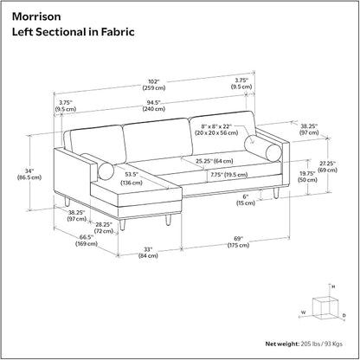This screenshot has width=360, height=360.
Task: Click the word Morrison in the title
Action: coord(36,16)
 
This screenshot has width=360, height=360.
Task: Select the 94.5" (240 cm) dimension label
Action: coord(154,106)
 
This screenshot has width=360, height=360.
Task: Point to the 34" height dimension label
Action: coord(29,174)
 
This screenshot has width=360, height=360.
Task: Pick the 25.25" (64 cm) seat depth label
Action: coord(215,161)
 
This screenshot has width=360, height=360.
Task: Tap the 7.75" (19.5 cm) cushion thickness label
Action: coord(228,175)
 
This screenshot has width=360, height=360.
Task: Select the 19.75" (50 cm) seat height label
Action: coord(308,177)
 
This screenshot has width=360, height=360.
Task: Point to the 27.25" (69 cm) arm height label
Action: coord(327,167)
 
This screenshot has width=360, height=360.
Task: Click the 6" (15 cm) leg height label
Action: coord(246,200)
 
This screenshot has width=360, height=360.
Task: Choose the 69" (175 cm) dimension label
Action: coord(238,241)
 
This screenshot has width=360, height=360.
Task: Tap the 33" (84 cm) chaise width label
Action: coord(148,253)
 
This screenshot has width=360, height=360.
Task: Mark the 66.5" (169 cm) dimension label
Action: coord(87,241)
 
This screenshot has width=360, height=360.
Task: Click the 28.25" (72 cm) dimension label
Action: coord(104,228)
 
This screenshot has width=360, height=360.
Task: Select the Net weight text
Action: coord(304,344)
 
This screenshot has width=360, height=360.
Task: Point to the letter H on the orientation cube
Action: coord(333,286)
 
